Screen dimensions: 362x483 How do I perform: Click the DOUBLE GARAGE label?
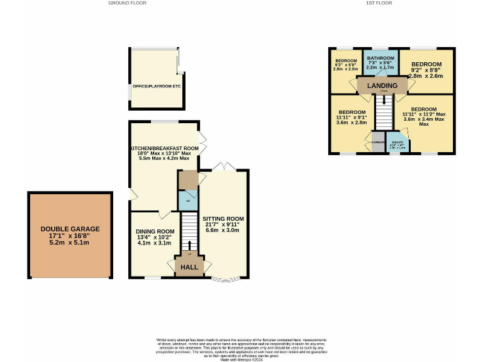click(x=70, y=229)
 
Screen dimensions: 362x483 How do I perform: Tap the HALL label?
click(x=189, y=267)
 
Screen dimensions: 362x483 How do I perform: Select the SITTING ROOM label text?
click(x=223, y=218)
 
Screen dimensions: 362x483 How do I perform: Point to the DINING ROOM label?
click(x=155, y=231)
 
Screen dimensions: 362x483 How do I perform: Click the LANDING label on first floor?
click(x=382, y=85)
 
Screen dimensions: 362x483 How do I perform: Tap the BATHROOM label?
click(x=380, y=57)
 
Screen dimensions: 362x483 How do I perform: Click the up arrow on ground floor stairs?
click(x=189, y=244)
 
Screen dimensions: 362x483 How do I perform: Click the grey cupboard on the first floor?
click(x=377, y=141)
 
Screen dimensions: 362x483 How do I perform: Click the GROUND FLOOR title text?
click(x=127, y=3)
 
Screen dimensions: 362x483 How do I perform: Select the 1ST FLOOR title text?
click(x=379, y=3)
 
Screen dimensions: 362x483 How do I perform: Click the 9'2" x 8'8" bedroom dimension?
click(x=426, y=70)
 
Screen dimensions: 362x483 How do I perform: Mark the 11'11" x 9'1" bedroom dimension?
click(x=351, y=117)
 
